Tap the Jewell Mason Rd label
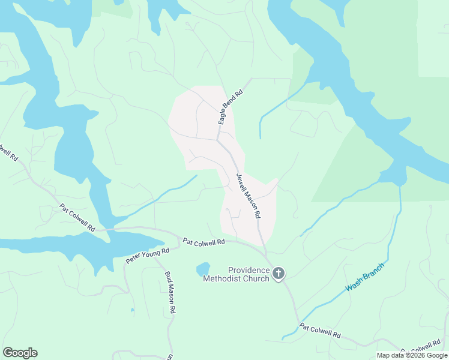(x=248, y=196)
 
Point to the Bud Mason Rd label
(x=170, y=292)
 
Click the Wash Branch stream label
(x=364, y=279)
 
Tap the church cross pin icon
(x=278, y=274)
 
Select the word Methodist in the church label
(x=224, y=278)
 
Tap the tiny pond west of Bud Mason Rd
(x=133, y=310)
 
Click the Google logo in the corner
(x=20, y=353)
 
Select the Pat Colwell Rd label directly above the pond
(x=203, y=242)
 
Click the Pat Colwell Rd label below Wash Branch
(x=321, y=331)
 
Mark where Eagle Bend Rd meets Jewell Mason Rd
(x=217, y=140)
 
